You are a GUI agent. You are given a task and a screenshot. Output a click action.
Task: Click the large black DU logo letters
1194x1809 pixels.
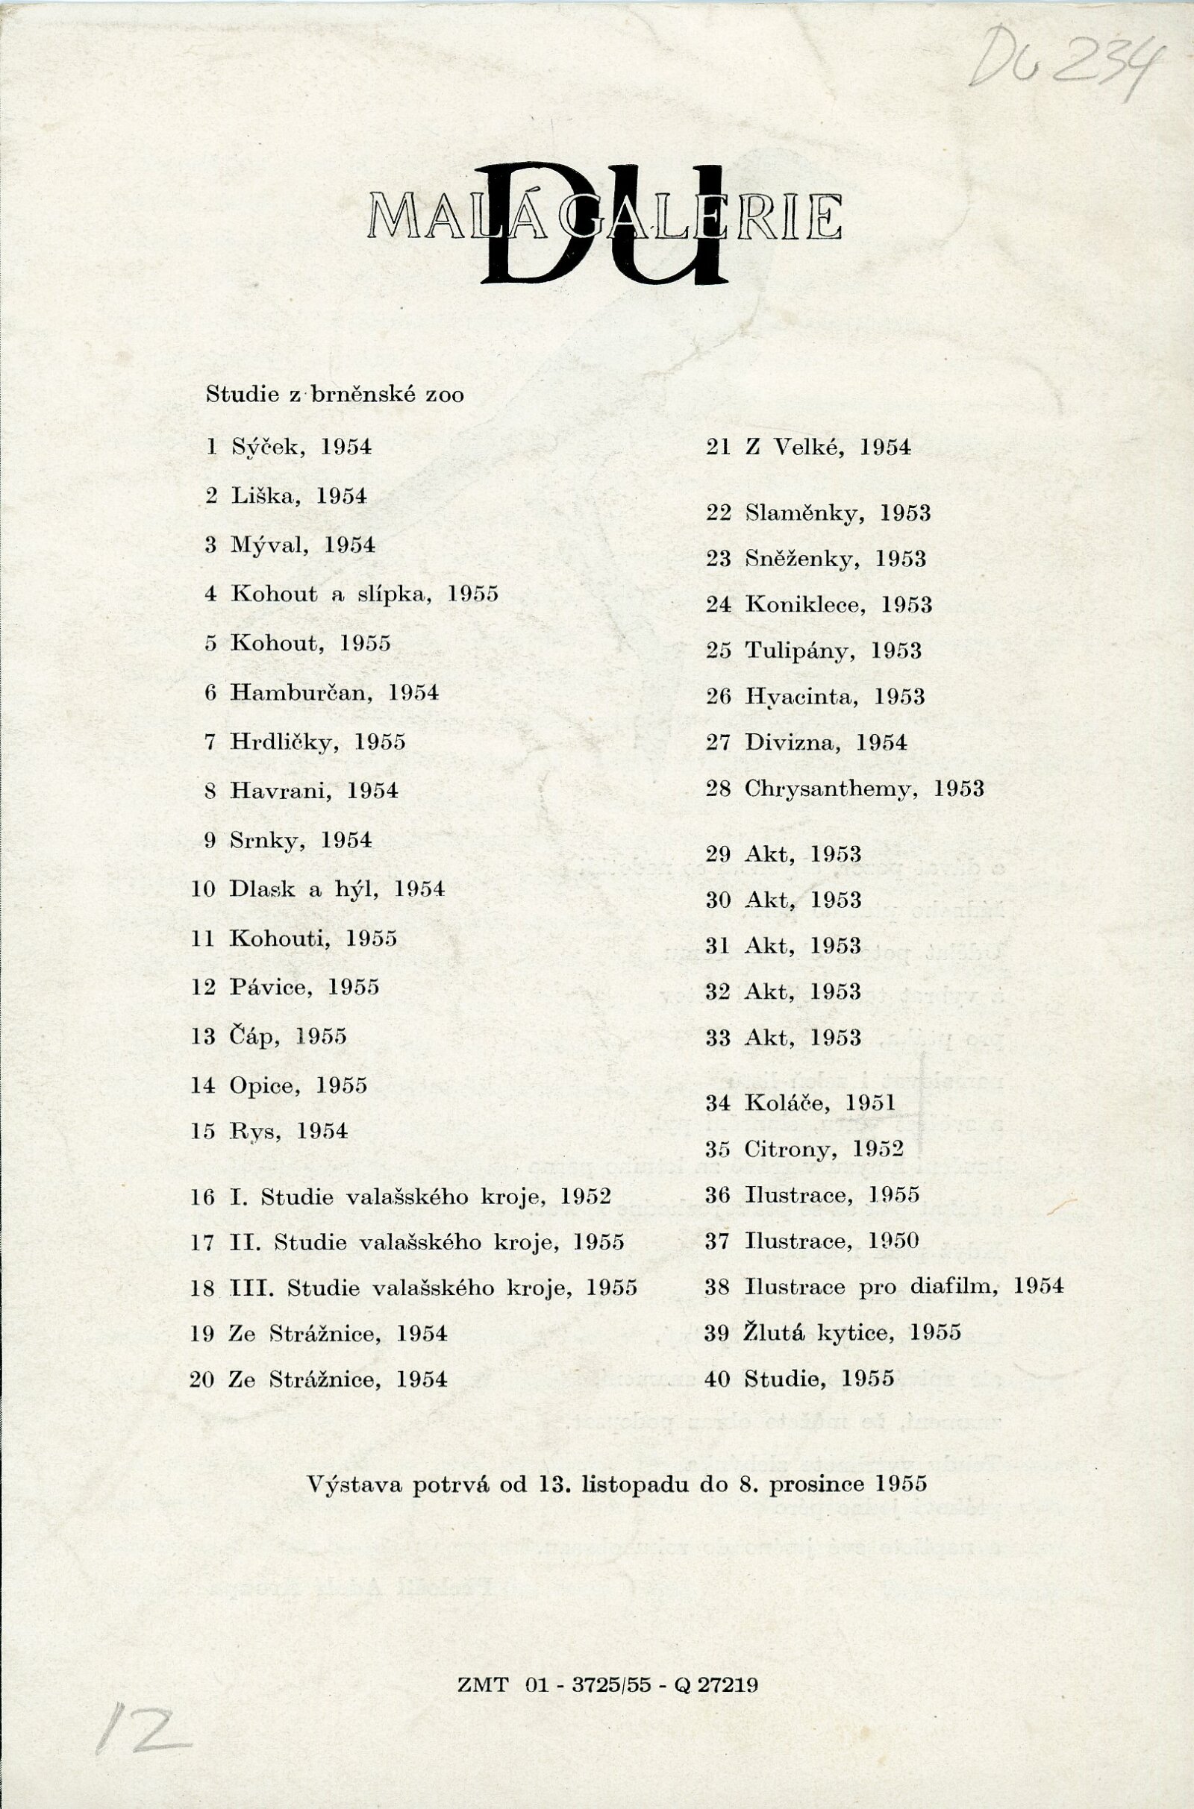[x=605, y=225]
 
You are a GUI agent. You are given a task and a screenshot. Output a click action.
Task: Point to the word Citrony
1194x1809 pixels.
[x=791, y=1148]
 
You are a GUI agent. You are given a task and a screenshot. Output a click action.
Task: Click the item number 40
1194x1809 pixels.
[x=718, y=1379]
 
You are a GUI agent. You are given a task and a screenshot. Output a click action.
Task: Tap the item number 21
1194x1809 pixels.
[x=718, y=448]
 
